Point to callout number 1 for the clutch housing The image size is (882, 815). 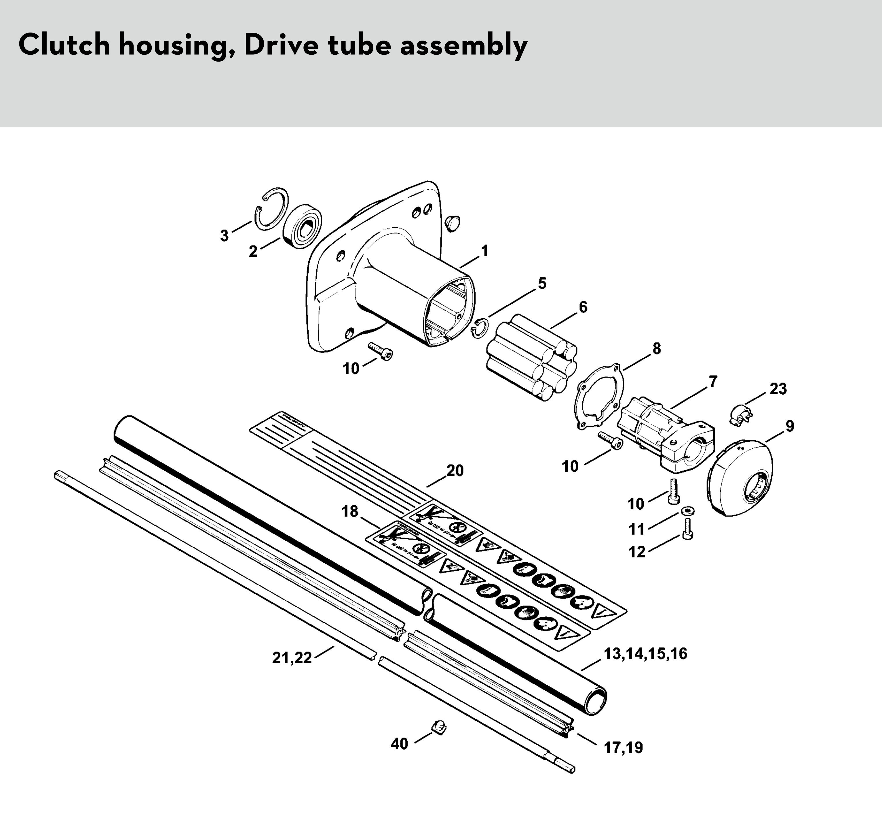tap(484, 251)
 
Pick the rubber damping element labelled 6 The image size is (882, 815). tap(531, 358)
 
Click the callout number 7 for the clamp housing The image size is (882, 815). tap(713, 382)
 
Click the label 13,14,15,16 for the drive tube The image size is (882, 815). tap(645, 654)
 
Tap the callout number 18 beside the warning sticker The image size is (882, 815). tap(350, 512)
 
